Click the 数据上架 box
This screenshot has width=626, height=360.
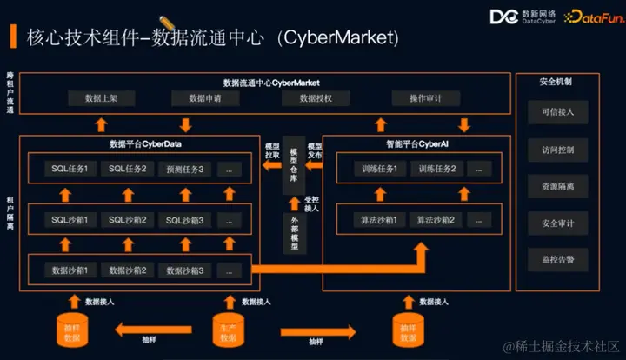[x=97, y=99]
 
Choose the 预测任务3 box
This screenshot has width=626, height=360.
[x=185, y=169]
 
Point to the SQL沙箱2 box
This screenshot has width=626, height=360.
[x=128, y=220]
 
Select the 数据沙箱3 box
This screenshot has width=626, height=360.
[x=185, y=270]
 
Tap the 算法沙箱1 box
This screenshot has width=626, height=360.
[x=379, y=220]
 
